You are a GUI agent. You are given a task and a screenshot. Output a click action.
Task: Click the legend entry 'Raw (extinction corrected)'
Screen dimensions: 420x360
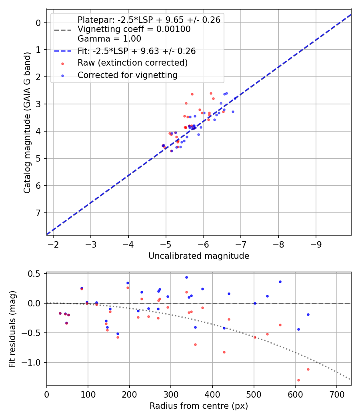[x=132, y=63]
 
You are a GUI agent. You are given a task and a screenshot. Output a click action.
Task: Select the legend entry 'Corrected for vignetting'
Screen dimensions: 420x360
[x=127, y=75]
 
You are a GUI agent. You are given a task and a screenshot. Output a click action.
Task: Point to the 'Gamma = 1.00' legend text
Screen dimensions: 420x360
[x=109, y=39]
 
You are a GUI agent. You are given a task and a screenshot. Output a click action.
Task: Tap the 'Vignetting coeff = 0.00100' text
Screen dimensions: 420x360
[x=134, y=29]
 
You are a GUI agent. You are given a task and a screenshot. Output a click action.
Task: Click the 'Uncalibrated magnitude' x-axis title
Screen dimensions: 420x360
[x=199, y=256]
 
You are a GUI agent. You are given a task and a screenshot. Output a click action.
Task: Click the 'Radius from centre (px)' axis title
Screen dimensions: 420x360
[x=199, y=406]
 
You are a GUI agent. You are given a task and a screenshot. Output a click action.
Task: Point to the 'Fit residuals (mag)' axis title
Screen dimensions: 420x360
[x=12, y=328]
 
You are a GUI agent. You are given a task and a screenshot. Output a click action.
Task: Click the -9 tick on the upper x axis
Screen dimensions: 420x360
[x=316, y=244]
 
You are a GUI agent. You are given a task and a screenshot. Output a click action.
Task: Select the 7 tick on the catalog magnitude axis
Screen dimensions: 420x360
[x=38, y=213]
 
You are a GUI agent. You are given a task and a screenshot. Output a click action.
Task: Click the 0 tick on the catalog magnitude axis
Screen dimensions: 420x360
[x=38, y=23]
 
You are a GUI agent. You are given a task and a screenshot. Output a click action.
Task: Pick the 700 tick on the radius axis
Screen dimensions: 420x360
[x=336, y=394]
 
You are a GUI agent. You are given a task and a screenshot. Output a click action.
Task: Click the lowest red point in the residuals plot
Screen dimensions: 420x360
[x=298, y=380]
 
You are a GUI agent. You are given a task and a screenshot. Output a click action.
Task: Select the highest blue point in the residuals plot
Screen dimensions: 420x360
[x=186, y=277]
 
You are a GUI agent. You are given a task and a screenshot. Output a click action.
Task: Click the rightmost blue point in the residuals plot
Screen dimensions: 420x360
[x=308, y=314]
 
